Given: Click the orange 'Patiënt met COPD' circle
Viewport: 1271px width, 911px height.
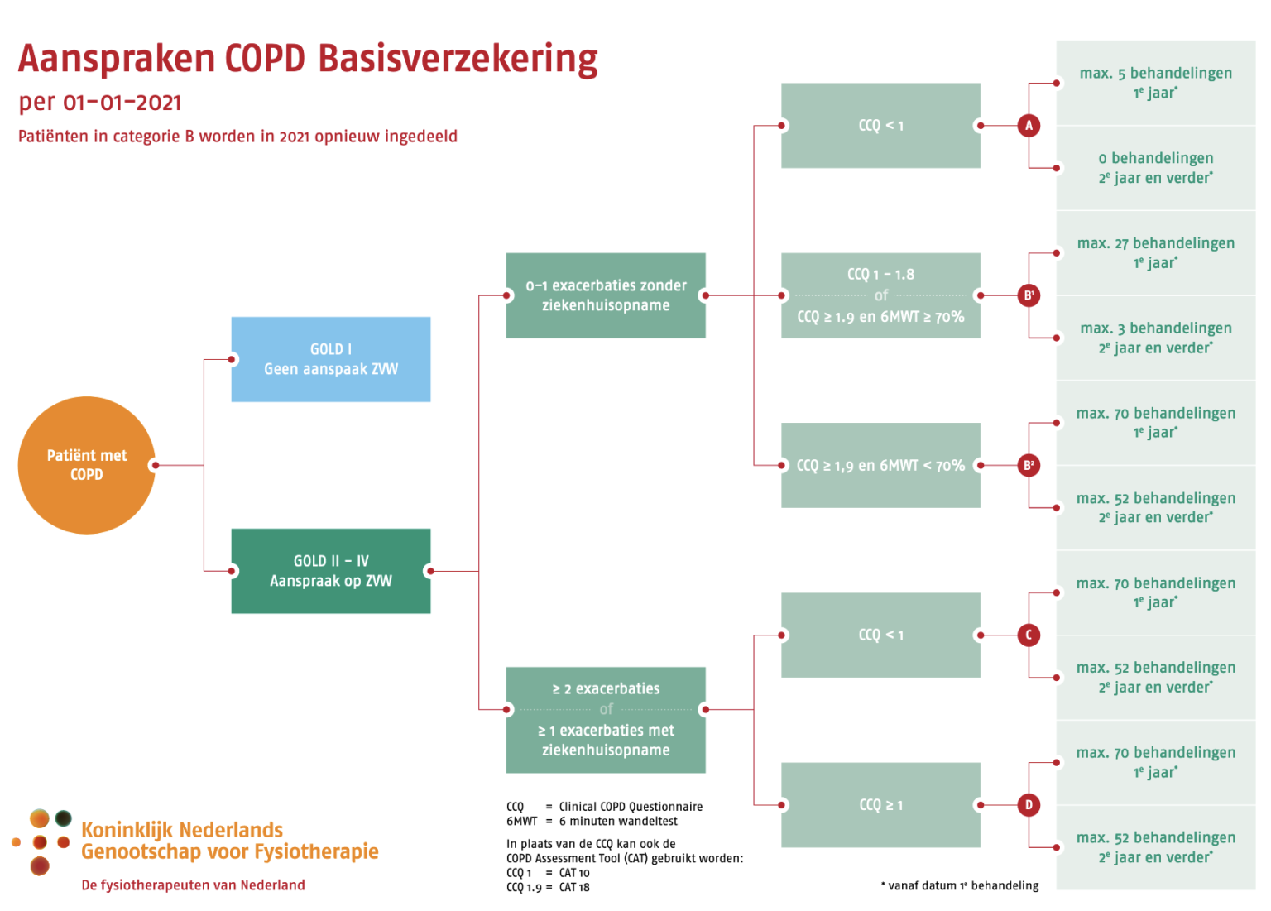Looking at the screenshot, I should tap(86, 464).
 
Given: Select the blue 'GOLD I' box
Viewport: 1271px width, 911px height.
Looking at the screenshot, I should tap(330, 359).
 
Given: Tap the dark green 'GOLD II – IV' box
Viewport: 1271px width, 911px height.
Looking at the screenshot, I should tap(330, 571).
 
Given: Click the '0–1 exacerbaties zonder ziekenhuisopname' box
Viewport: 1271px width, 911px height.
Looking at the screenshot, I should tap(606, 295).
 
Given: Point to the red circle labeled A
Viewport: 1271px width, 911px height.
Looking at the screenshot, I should tap(1029, 126).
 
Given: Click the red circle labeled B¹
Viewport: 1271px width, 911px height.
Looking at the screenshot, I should tap(1029, 295).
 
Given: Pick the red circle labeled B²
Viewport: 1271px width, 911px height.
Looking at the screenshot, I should tap(1029, 465).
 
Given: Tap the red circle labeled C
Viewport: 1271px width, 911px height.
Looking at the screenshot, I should tap(1029, 635).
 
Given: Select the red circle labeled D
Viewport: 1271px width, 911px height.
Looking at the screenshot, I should tap(1029, 804).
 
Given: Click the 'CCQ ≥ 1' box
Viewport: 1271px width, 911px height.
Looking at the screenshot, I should tap(880, 804).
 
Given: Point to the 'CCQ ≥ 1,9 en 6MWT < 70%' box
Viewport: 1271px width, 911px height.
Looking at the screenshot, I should tap(880, 465).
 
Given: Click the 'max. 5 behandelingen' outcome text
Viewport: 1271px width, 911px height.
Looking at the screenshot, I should tap(1155, 74).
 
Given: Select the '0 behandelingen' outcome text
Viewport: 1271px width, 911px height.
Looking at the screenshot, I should tap(1155, 158).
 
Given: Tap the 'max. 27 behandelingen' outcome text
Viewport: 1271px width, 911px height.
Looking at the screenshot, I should tap(1155, 243).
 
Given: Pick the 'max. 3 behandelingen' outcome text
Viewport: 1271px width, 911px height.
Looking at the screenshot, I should tap(1155, 328).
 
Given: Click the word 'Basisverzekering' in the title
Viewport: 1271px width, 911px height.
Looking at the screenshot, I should tap(458, 60).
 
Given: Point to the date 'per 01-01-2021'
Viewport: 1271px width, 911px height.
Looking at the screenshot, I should tap(100, 103).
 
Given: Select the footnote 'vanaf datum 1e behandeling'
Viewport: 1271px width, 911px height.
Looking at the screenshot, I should tap(962, 885).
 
